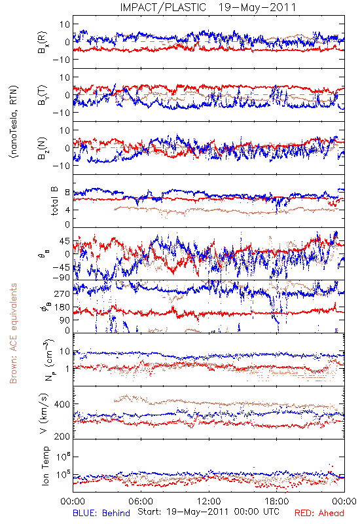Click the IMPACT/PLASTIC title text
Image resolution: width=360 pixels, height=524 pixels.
(x=163, y=7)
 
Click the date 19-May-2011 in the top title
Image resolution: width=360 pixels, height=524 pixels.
(x=257, y=7)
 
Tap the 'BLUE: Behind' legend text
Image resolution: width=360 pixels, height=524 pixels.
(x=101, y=513)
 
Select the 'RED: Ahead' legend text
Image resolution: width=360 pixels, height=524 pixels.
(x=319, y=513)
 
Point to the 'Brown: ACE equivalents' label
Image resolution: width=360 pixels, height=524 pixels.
(x=13, y=333)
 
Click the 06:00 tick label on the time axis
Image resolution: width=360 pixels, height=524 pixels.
(x=141, y=501)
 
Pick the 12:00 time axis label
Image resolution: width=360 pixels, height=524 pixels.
(x=209, y=501)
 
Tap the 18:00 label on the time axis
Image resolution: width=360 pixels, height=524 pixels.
(x=277, y=501)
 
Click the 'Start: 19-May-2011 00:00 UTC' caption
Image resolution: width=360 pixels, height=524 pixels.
(x=208, y=512)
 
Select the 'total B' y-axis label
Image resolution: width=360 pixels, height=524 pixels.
(x=54, y=201)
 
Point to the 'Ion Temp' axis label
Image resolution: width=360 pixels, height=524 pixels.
(x=45, y=466)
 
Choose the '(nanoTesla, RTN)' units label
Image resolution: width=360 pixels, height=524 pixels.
(x=14, y=122)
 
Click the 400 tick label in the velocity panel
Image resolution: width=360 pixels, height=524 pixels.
(x=62, y=404)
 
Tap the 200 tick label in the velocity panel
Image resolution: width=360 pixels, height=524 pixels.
(x=62, y=436)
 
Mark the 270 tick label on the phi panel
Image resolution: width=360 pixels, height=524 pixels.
(x=62, y=293)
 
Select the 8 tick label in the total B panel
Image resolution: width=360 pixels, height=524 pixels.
(x=67, y=193)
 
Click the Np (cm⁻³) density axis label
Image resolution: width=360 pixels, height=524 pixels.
(x=48, y=360)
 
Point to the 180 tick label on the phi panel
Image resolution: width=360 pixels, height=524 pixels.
(x=62, y=307)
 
